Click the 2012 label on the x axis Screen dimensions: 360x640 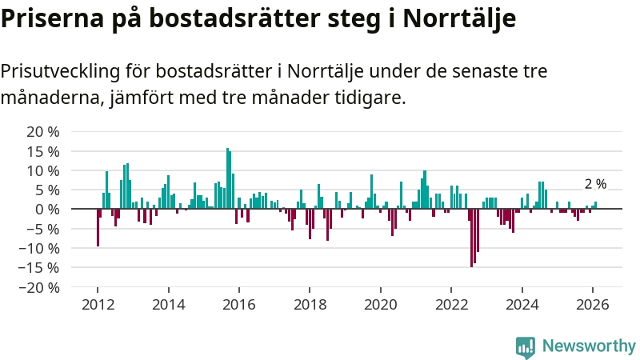98,305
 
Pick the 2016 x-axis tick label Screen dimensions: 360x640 239,305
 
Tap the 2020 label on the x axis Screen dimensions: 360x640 381,305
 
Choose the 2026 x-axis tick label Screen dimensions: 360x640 593,305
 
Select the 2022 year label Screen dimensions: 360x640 451,305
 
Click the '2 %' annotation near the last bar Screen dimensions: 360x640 595,184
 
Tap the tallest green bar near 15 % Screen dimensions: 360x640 227,178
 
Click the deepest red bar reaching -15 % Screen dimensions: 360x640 471,238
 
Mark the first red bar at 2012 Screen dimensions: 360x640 98,227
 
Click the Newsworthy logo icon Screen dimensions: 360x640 526,346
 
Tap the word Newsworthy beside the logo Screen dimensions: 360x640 589,346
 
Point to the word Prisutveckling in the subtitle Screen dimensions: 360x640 58,71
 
